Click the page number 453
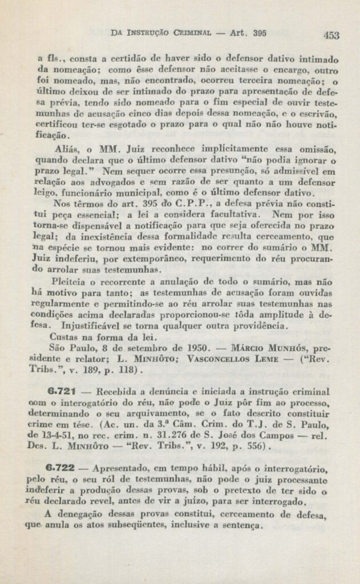coord(331,35)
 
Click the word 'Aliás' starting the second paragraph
coord(63,149)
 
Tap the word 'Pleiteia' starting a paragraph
coord(70,281)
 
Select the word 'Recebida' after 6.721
coord(117,393)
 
